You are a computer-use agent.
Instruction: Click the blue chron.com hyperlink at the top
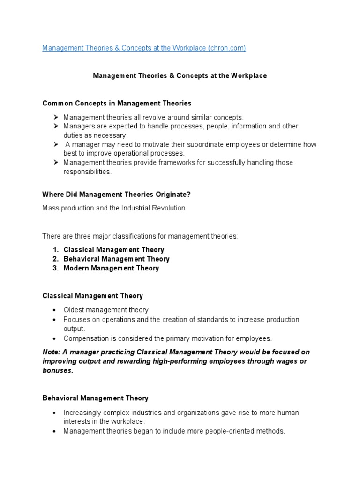(x=144, y=48)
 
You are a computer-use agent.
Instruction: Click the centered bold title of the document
(x=180, y=75)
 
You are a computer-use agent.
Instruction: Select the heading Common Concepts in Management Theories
(x=117, y=103)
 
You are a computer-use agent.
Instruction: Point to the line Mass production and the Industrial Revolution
(x=114, y=208)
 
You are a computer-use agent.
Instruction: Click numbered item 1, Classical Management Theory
(x=114, y=250)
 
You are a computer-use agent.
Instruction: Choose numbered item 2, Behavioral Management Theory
(x=116, y=259)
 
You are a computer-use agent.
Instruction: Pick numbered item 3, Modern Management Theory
(x=111, y=268)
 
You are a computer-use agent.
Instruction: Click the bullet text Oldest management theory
(x=106, y=310)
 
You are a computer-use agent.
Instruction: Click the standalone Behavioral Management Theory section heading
(x=95, y=398)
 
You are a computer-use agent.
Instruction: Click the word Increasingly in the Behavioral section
(x=82, y=412)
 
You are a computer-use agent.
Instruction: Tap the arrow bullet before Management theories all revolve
(x=55, y=117)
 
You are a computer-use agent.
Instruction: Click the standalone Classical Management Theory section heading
(x=93, y=296)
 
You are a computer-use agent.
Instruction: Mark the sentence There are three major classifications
(x=140, y=236)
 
